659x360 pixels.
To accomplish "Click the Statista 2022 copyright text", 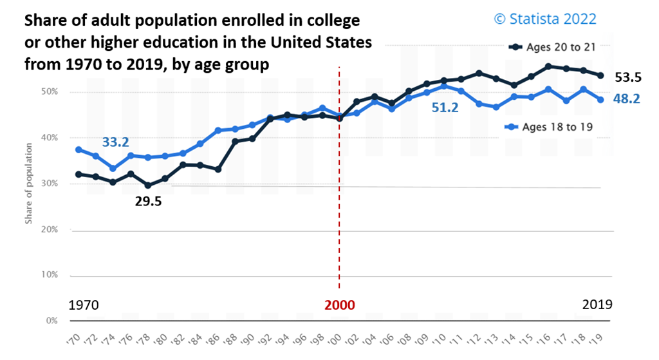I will (x=544, y=19).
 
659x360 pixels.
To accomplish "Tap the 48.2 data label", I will (x=626, y=100).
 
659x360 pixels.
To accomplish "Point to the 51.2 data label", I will (x=445, y=108).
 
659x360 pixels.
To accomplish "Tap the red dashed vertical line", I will (x=339, y=193).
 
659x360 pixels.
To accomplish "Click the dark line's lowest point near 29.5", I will (x=148, y=185).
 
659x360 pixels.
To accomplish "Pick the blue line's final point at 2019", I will (x=600, y=100).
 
